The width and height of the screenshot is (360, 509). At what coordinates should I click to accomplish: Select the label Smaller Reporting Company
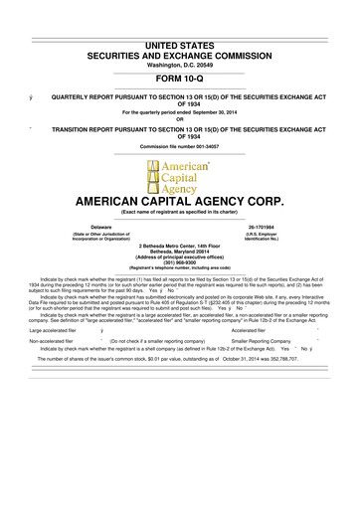pyautogui.click(x=252, y=368)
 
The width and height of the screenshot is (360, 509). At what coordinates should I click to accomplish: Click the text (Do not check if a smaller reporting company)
pyautogui.click(x=151, y=368)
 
